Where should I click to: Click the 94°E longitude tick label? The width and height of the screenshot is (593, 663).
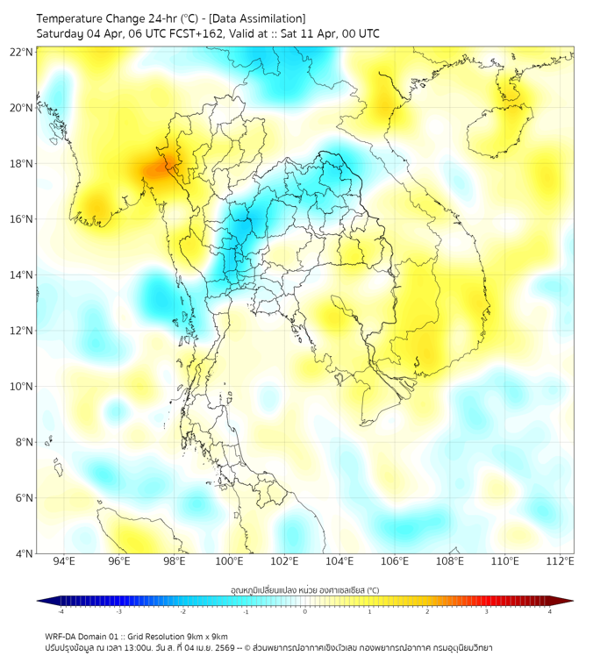64,562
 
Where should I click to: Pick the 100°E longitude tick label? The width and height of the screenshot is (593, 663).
229,562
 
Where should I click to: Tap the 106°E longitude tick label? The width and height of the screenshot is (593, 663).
395,562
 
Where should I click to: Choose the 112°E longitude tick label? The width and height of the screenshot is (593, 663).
561,562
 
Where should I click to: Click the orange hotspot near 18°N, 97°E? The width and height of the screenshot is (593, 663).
159,169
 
